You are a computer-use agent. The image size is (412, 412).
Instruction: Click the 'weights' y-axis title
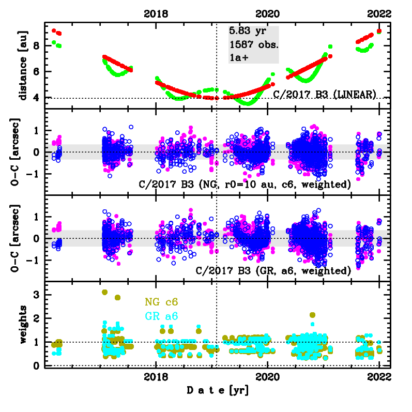pos(22,325)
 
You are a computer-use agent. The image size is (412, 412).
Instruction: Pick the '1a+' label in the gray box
pos(239,58)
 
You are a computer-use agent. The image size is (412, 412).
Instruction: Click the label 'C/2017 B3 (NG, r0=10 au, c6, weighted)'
pos(245,184)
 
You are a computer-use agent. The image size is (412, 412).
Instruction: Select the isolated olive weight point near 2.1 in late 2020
pos(312,315)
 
